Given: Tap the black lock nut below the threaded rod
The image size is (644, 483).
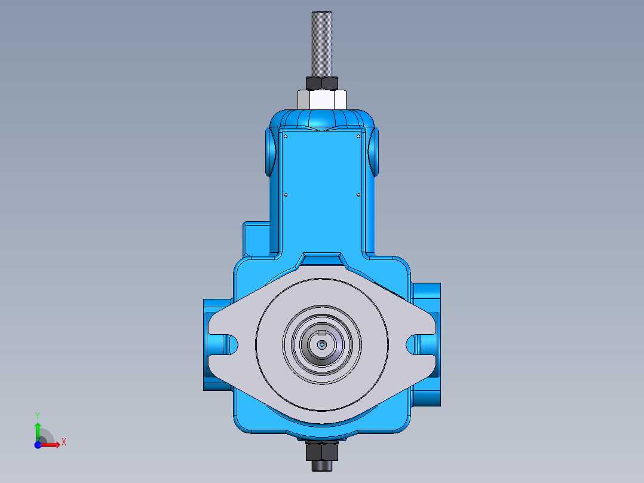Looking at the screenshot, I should click(322, 82).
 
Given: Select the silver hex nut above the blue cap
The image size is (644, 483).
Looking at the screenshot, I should click(322, 99).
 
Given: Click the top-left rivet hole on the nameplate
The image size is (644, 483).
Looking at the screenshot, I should click(286, 136).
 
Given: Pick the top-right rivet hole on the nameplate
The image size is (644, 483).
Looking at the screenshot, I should click(358, 136).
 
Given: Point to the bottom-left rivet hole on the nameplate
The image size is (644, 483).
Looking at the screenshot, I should click(286, 194).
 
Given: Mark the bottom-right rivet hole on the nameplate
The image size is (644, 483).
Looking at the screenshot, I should click(358, 194).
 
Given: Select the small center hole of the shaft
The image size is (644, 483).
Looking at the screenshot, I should click(322, 344).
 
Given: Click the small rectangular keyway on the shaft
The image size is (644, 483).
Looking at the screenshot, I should click(322, 332).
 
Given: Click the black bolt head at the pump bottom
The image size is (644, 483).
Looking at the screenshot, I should click(322, 457).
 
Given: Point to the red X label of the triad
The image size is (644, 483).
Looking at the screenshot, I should click(63, 442).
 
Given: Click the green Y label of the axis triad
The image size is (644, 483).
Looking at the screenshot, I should click(37, 415).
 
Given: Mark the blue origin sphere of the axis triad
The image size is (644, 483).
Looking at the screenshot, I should click(38, 445).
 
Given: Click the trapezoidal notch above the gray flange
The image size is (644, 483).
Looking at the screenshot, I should click(322, 259).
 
